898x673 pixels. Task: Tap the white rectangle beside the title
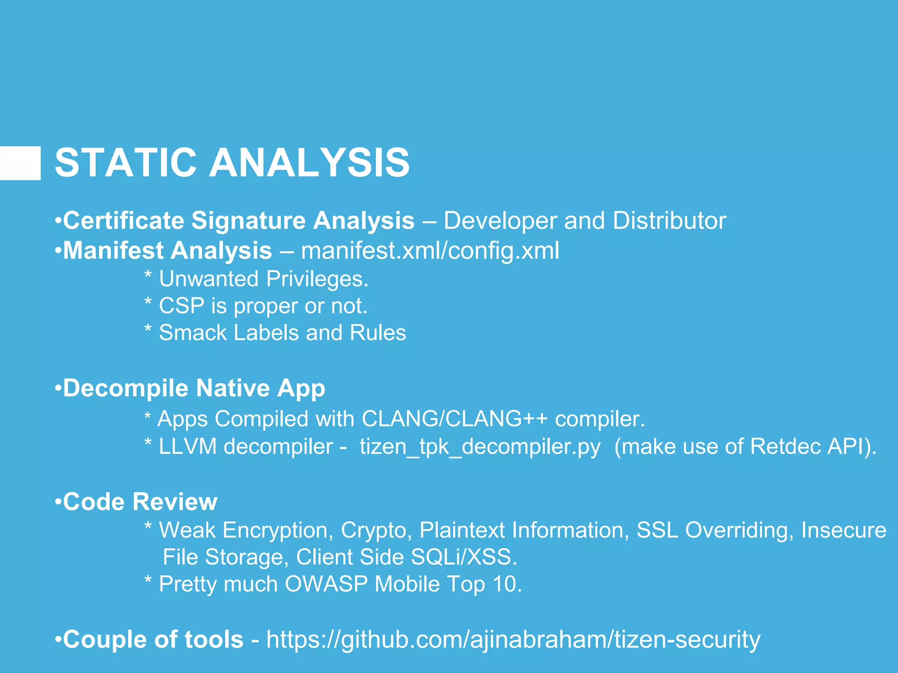click(20, 163)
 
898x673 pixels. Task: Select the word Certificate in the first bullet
click(123, 220)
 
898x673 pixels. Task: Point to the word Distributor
click(669, 220)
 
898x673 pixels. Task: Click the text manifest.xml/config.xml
click(430, 251)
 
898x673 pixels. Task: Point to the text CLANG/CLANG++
click(454, 418)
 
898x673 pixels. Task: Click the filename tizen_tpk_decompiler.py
click(480, 446)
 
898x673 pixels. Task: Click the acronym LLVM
click(187, 446)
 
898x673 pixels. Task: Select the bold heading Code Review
click(140, 502)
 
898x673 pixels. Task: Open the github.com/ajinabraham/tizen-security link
click(513, 640)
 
